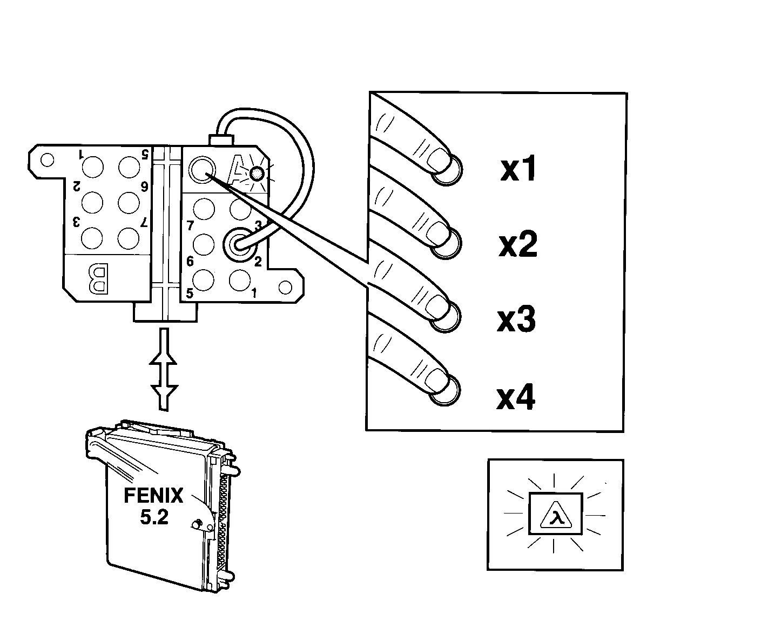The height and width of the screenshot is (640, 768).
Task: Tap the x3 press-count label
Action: click(x=516, y=319)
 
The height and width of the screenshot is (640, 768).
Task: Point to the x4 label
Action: click(x=516, y=396)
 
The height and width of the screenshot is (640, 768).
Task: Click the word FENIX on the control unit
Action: click(x=153, y=495)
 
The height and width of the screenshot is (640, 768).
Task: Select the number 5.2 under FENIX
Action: click(x=154, y=517)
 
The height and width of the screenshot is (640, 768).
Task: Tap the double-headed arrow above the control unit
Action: click(x=164, y=369)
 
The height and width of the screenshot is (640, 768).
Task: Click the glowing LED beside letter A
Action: click(x=257, y=174)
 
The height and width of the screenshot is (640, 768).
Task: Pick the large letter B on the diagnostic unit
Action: click(x=99, y=278)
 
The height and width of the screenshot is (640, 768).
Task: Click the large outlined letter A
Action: click(x=238, y=170)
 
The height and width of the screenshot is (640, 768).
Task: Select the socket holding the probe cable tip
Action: click(x=239, y=244)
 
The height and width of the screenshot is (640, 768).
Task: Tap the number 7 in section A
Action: click(x=190, y=225)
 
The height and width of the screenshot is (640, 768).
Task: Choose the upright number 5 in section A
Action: click(x=190, y=293)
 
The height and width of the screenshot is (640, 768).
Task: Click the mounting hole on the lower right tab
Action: click(x=285, y=288)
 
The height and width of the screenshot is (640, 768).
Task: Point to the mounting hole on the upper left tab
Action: click(x=47, y=160)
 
